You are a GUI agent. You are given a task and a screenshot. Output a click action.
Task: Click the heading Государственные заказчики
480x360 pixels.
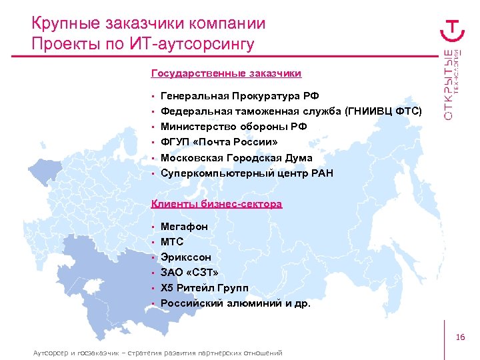pyautogui.click(x=226, y=73)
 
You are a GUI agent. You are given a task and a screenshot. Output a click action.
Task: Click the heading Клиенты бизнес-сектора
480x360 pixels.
pyautogui.click(x=217, y=203)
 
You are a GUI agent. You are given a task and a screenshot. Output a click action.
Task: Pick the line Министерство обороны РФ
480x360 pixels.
pyautogui.click(x=233, y=127)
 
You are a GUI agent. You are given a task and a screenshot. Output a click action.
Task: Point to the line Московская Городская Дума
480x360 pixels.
pyautogui.click(x=236, y=158)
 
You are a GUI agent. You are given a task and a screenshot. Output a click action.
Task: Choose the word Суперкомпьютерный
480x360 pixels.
pyautogui.click(x=209, y=173)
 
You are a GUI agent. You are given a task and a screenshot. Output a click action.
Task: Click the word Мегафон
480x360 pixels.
pyautogui.click(x=184, y=227)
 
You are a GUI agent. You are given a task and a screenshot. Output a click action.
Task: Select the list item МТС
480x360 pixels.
pyautogui.click(x=172, y=242)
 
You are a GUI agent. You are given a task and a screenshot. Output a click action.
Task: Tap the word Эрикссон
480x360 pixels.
pyautogui.click(x=186, y=257)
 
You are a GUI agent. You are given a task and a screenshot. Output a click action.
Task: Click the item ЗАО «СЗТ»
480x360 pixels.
pyautogui.click(x=189, y=273)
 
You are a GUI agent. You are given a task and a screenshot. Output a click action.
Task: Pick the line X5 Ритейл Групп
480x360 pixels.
pyautogui.click(x=204, y=288)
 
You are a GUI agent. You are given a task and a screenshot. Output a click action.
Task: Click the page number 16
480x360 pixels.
pyautogui.click(x=460, y=338)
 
